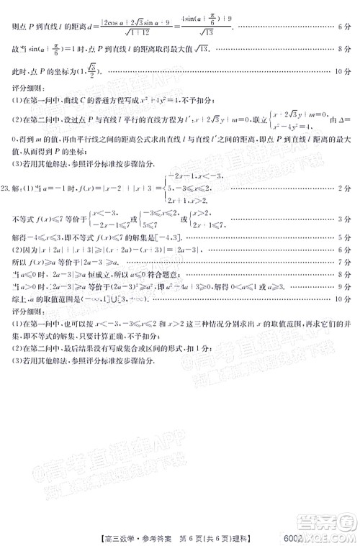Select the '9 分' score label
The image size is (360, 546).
click(x=343, y=286)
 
